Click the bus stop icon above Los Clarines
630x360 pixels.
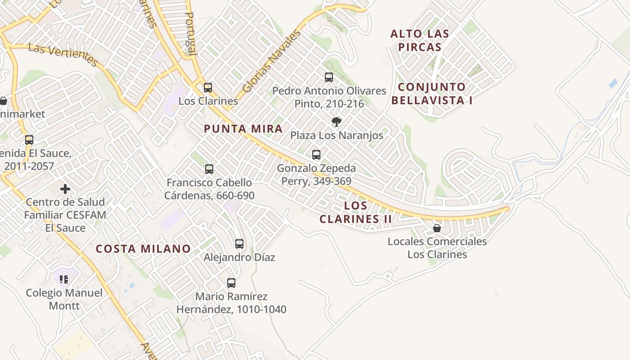pos(208,88)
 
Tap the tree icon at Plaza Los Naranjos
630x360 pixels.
pos(336,121)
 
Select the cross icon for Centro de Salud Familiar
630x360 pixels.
pos(65,189)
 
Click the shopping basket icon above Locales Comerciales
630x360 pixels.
pos(436,228)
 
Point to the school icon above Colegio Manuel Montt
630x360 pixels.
pos(64,279)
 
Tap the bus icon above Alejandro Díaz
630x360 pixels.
pos(239,244)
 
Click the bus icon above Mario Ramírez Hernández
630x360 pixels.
pos(231,283)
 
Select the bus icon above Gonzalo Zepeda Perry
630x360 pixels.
pos(316,155)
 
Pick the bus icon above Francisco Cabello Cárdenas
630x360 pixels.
pos(209,169)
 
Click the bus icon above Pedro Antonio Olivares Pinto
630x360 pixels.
pos(329,77)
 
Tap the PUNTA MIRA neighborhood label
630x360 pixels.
pos(243,129)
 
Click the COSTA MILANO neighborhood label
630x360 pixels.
pos(143,249)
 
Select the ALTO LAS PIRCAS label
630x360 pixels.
pos(419,40)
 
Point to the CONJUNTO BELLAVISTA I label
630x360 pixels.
pos(432,94)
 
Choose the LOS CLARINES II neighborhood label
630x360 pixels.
pos(355,212)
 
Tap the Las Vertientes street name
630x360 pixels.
pos(63,54)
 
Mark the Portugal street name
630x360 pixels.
pos(191,33)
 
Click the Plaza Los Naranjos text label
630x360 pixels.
pos(337,135)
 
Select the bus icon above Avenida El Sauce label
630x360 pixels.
pos(29,140)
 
